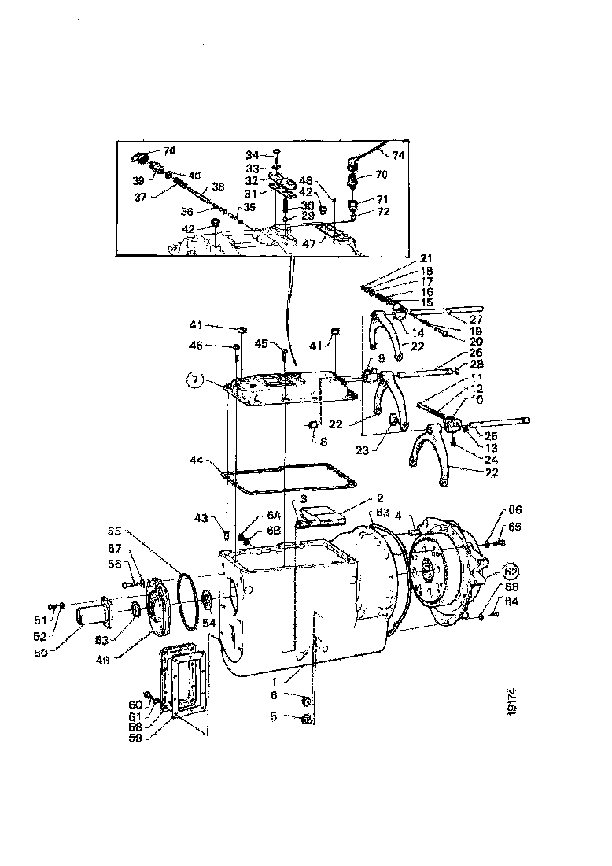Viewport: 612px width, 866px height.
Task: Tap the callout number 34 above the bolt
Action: coord(251,154)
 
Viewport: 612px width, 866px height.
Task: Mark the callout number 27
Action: coord(474,319)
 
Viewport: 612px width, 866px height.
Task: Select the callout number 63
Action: coord(383,513)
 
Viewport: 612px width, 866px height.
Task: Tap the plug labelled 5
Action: coord(308,719)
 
